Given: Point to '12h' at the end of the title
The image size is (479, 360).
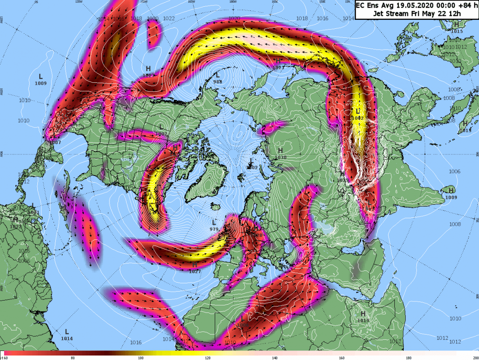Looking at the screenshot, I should coord(455,13).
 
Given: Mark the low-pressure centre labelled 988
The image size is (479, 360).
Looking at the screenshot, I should coord(218,75).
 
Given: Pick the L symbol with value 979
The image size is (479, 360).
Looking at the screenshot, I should coord(214,222).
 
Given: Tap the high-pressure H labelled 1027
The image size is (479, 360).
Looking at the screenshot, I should coord(194,265).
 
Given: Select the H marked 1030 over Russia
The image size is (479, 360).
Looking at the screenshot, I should coord(280,150).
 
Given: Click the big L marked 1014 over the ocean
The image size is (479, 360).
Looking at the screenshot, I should coord(67,332).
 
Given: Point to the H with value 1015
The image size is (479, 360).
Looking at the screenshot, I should coord(457,25).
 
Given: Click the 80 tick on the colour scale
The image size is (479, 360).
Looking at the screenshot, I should coord(72,358).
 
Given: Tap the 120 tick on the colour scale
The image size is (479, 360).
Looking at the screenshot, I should coord(207,358).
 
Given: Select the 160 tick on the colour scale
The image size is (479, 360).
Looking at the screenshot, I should coord(342,358).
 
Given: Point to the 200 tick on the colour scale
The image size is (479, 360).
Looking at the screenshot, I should coord(475,358).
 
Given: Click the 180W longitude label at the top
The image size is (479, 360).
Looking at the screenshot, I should coord(233,2).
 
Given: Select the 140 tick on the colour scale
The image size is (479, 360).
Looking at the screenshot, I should coord(274,358).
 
